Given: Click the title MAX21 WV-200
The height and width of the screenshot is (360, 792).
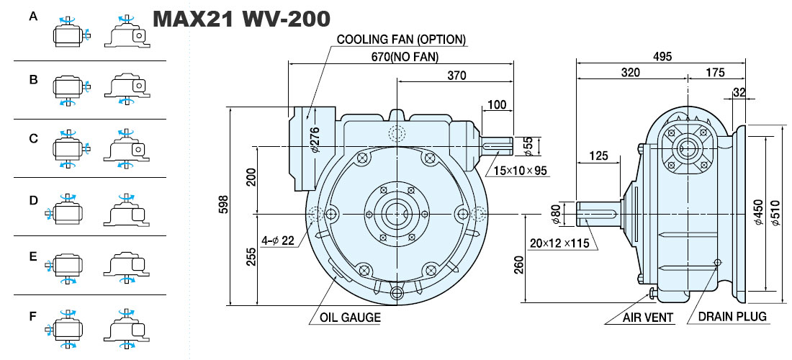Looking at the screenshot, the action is (x=241, y=19).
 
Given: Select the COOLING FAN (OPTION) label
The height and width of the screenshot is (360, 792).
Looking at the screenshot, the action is (x=402, y=40).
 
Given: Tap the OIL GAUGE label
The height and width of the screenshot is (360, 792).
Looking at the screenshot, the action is (x=350, y=318).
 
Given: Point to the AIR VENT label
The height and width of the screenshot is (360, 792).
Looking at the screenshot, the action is (x=648, y=317).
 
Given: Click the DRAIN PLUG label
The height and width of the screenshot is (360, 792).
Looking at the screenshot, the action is (x=733, y=317).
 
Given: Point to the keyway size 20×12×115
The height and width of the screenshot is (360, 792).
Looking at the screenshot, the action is (x=559, y=243).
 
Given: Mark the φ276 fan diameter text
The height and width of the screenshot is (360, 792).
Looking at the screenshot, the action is (x=315, y=139).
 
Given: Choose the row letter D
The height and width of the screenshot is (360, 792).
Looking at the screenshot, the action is (x=33, y=200).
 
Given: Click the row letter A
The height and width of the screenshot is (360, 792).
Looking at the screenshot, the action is (x=33, y=17).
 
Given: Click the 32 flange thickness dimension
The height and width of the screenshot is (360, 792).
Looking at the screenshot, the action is (x=739, y=92).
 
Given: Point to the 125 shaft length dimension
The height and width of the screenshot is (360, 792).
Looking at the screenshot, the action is (x=598, y=156).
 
